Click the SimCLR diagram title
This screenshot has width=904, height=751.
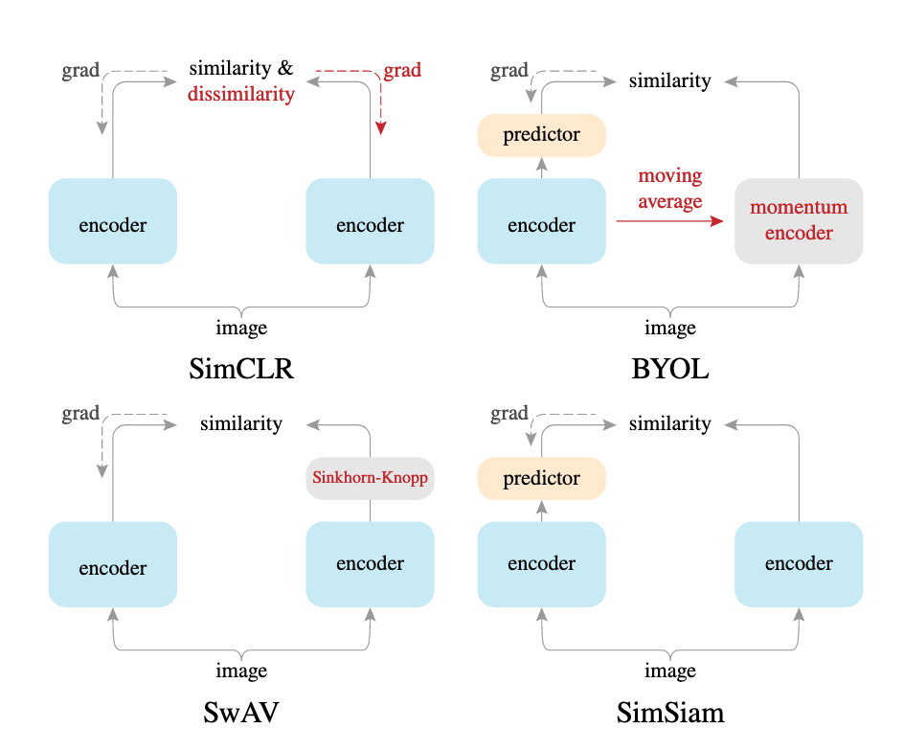[x=241, y=369]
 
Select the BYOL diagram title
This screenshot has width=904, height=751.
[x=670, y=369]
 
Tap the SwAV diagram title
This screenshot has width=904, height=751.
[x=241, y=712]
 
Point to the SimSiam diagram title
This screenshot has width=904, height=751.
[x=670, y=712]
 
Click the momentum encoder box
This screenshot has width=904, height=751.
[x=799, y=220]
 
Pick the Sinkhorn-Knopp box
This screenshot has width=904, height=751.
[x=370, y=477]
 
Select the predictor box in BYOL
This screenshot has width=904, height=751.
[x=542, y=135]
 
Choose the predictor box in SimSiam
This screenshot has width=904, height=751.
[x=542, y=478]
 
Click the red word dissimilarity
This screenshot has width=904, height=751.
[x=241, y=94]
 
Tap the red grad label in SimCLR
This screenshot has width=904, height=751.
[x=402, y=71]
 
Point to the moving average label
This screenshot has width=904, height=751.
[x=670, y=189]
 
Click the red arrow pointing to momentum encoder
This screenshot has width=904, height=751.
[x=670, y=221]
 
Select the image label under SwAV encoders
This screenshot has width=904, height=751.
[x=241, y=671]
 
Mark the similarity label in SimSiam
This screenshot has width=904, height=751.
[x=670, y=423]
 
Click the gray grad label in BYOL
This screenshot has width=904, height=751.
[x=509, y=71]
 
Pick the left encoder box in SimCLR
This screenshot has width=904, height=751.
[x=113, y=221]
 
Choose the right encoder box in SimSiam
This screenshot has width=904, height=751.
[x=799, y=564]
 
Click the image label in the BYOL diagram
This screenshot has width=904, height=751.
[x=670, y=328]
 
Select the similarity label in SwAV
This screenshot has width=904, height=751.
[x=241, y=423]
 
